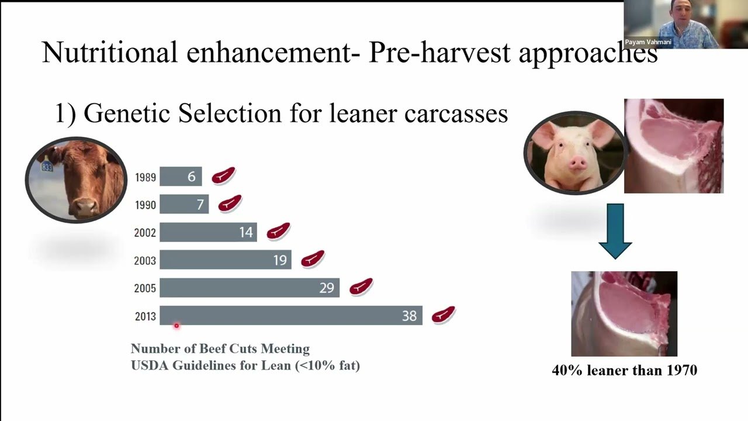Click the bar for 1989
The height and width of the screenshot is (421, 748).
pos(181,176)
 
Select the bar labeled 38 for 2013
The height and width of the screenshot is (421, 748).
pos(291,315)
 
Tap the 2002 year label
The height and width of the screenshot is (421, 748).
pos(145,233)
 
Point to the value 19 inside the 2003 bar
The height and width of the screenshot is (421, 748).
pos(280,260)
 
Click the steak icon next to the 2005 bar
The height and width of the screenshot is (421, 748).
pos(361,287)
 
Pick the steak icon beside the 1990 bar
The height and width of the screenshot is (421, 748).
pos(230,203)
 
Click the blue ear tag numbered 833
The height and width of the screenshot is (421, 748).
pos(47,166)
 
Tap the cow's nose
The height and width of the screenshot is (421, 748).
pos(85,207)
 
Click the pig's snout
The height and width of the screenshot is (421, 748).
pos(577,163)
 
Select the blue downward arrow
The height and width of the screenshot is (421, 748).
pos(615,231)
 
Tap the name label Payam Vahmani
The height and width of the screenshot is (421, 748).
pos(648,42)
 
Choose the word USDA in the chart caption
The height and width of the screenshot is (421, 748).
pos(150,365)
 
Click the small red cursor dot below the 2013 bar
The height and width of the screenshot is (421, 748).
pos(176,326)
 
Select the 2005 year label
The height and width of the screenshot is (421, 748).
pos(145,288)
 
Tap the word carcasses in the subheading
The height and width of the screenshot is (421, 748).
pos(456,113)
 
